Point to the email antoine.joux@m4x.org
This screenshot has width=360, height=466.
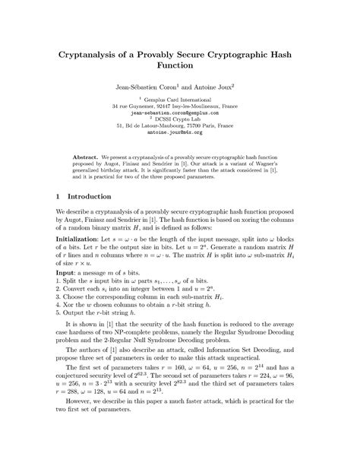pyautogui.click(x=179, y=153)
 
